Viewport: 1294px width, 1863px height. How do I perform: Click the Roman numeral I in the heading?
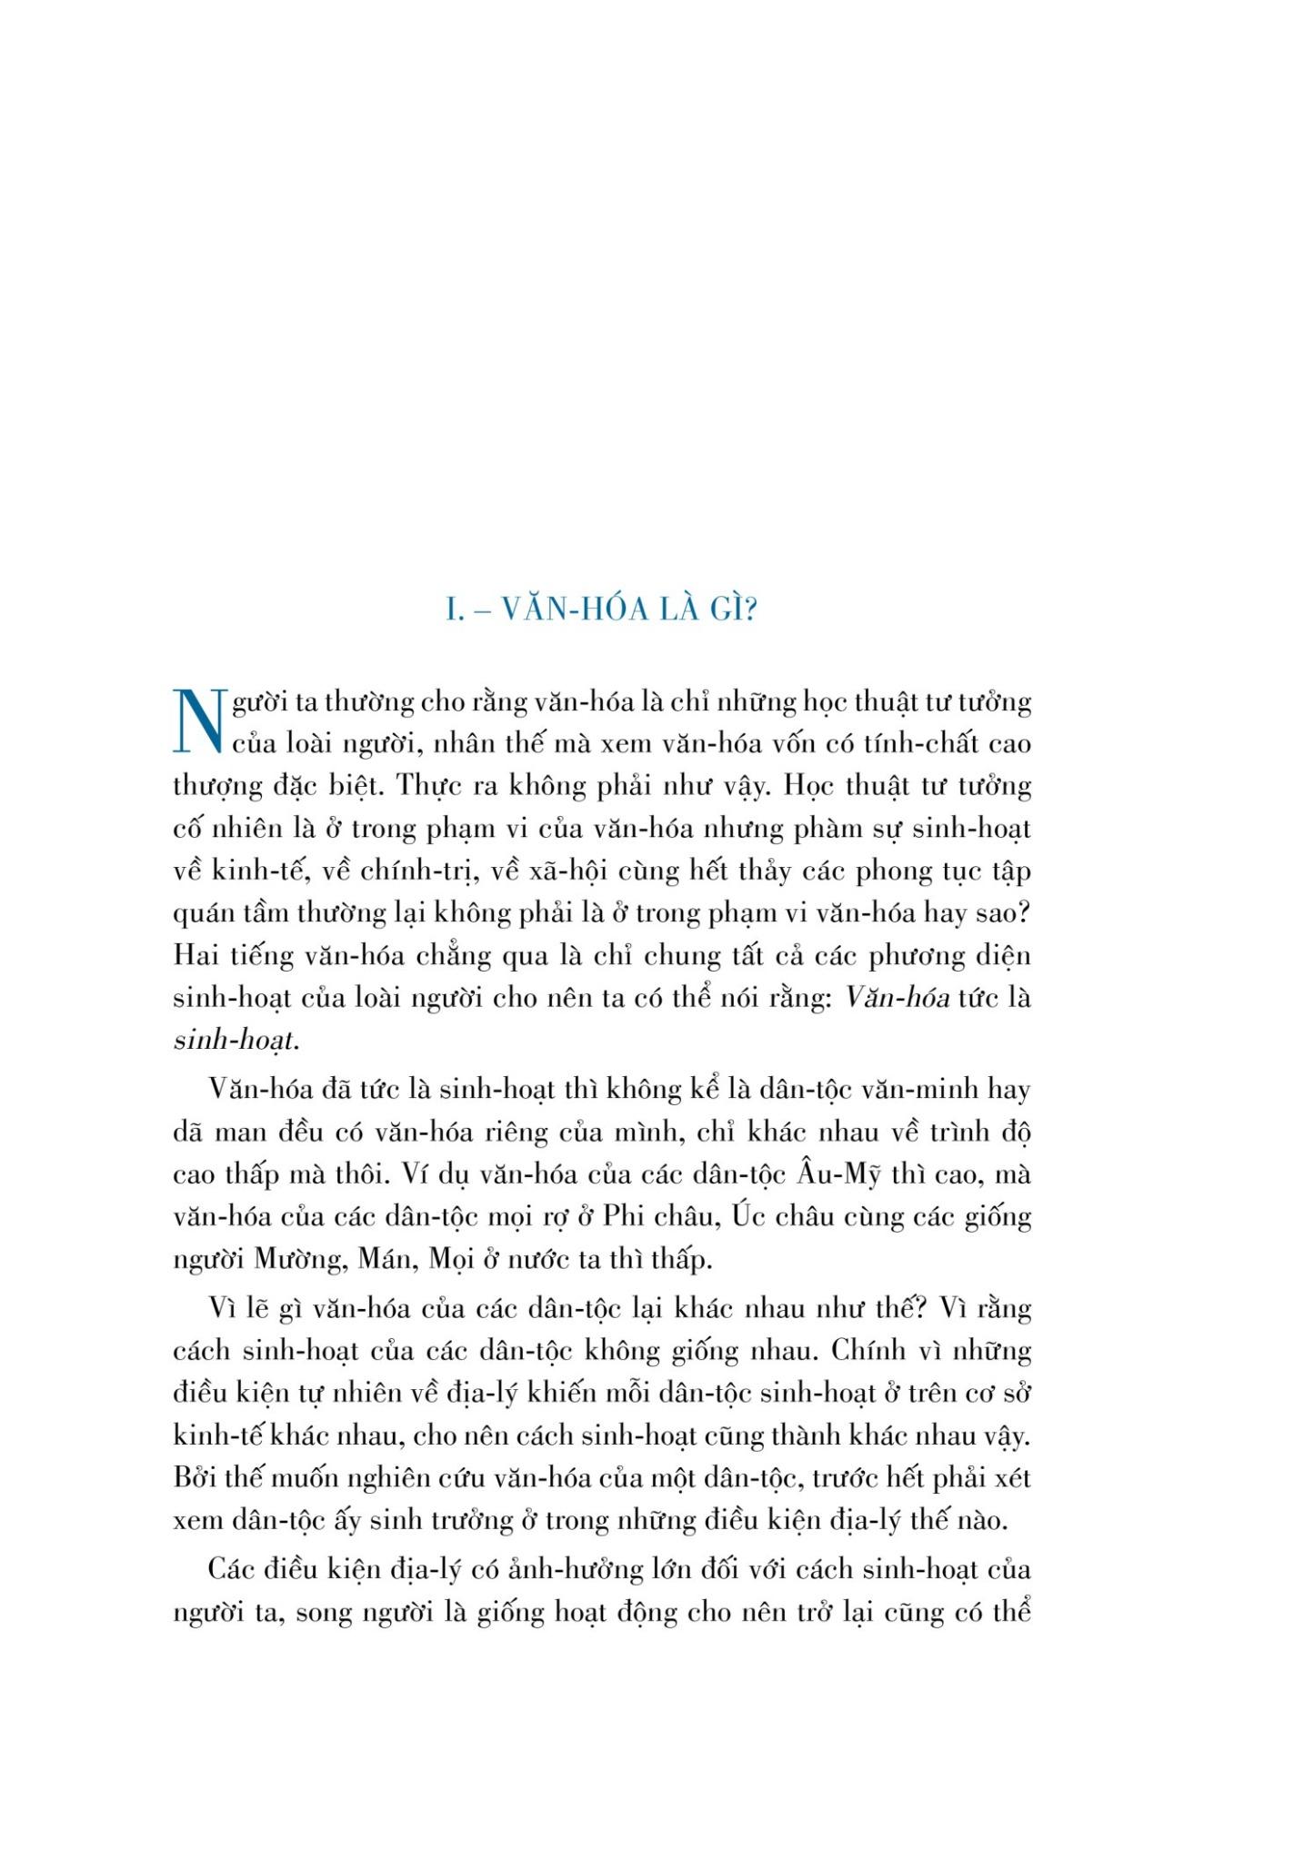(451, 609)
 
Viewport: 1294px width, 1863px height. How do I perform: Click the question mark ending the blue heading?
(750, 609)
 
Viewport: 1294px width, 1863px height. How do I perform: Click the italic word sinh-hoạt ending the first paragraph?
(235, 1041)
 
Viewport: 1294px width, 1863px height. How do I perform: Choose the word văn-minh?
(924, 1090)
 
